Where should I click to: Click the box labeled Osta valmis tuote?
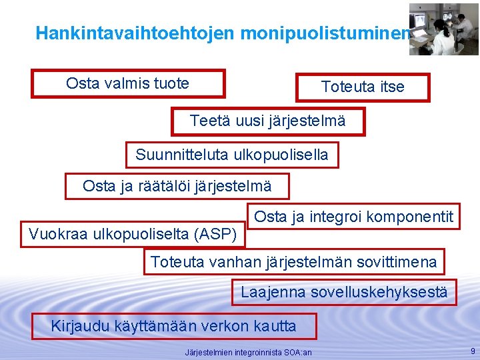128,84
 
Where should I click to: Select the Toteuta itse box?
363,87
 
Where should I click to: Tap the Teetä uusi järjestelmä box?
268,121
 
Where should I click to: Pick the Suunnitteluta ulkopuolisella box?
232,155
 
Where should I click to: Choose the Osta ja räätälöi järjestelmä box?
177,186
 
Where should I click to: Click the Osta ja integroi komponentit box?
354,217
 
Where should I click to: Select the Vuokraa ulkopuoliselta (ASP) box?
133,234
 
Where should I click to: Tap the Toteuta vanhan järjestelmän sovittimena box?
294,262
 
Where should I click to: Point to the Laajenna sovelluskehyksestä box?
344,292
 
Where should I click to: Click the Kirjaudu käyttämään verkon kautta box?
174,326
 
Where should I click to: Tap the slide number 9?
472,351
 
